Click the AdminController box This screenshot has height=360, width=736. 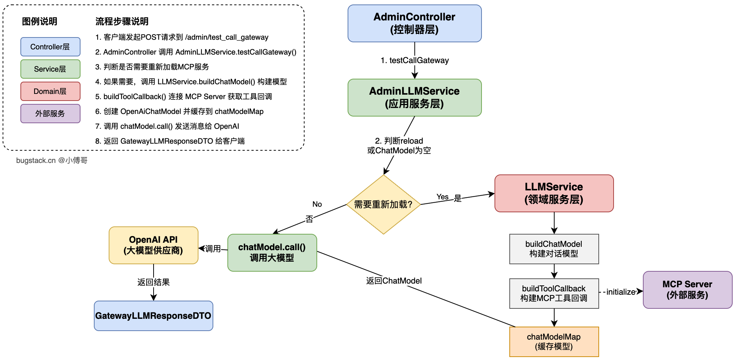tap(414, 23)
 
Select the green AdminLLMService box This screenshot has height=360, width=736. tap(414, 98)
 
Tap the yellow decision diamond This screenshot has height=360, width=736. tap(383, 204)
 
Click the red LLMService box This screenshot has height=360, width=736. tap(554, 193)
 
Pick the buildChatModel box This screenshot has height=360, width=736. tap(554, 249)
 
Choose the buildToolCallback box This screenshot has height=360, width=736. tap(554, 294)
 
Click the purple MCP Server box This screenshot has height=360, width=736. tap(687, 290)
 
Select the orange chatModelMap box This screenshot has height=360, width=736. tap(554, 342)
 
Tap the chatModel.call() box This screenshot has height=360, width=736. tap(272, 253)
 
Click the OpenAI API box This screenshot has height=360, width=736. tap(153, 245)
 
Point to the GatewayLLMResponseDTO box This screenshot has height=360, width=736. tap(153, 316)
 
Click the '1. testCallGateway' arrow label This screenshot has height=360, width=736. tap(415, 60)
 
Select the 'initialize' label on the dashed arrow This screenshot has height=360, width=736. tap(621, 292)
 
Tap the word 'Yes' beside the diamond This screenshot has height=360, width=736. tap(442, 197)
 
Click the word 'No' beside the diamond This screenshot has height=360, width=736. tap(317, 204)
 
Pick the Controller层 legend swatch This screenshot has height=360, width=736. tap(50, 47)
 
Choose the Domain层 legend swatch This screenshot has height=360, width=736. tap(50, 91)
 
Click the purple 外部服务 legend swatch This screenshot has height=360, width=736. tap(50, 114)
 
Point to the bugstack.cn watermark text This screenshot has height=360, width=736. tap(52, 160)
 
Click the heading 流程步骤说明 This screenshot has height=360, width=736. tap(122, 22)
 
